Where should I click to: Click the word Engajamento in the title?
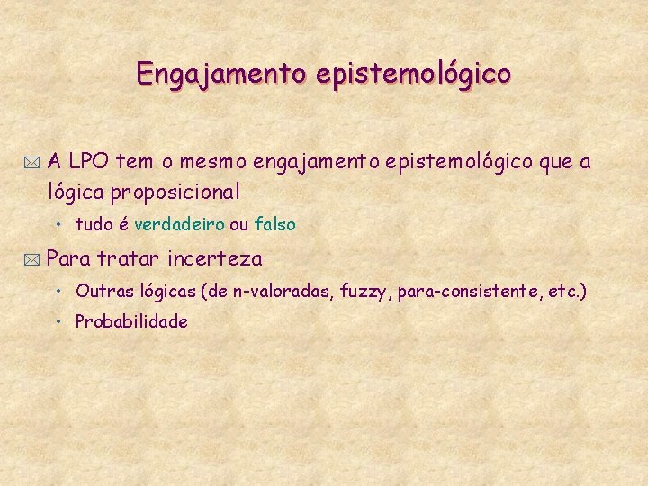pos(220,73)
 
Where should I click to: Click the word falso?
pos(274,224)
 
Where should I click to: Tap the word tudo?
pos(93,224)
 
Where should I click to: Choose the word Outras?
pos(103,291)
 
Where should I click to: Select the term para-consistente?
pos(467,291)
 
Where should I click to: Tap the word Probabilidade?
pos(131,321)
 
